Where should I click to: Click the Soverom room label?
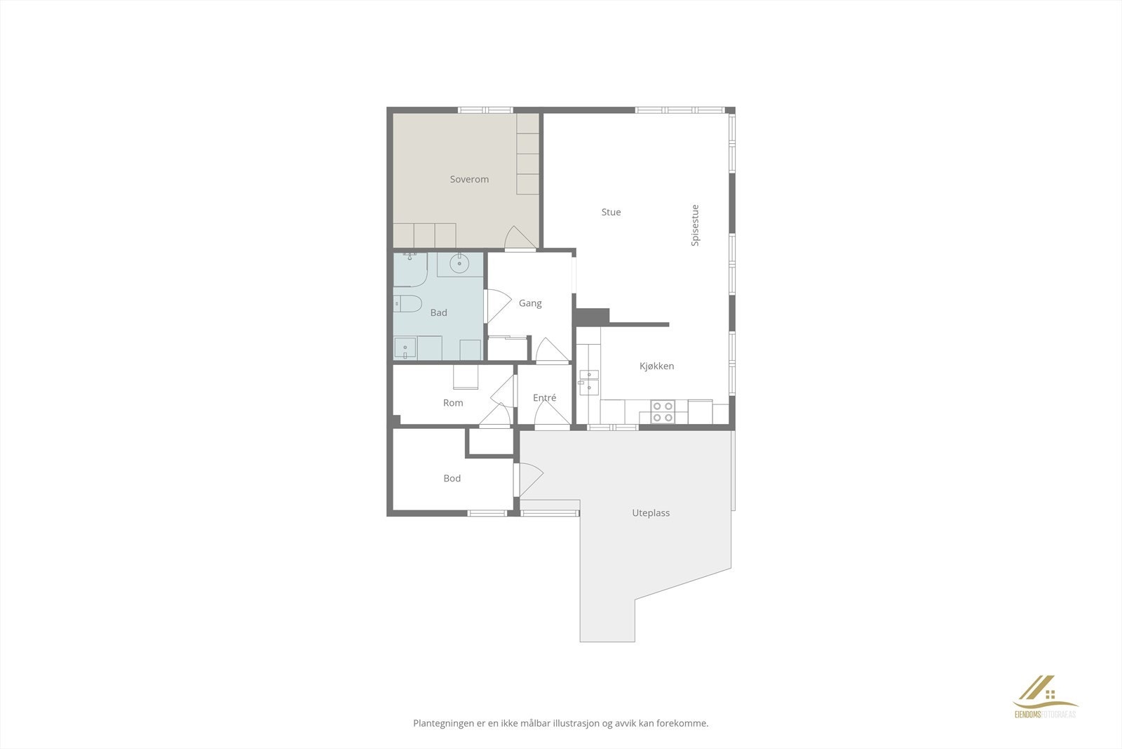click(469, 180)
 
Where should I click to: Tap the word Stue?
click(611, 212)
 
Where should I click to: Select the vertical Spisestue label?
click(695, 225)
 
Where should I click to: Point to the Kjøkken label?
click(656, 366)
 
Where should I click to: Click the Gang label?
click(530, 303)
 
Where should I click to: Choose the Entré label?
click(544, 398)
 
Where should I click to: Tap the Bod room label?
click(452, 479)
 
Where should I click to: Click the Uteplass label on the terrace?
click(651, 513)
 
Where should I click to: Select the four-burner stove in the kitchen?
click(663, 411)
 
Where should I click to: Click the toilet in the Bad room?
click(407, 304)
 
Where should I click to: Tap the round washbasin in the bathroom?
click(459, 265)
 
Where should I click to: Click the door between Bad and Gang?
click(497, 306)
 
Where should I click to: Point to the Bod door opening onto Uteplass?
click(529, 479)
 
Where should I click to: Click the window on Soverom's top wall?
click(486, 110)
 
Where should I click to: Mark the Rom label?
click(453, 403)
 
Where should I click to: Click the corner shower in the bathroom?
click(410, 269)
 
